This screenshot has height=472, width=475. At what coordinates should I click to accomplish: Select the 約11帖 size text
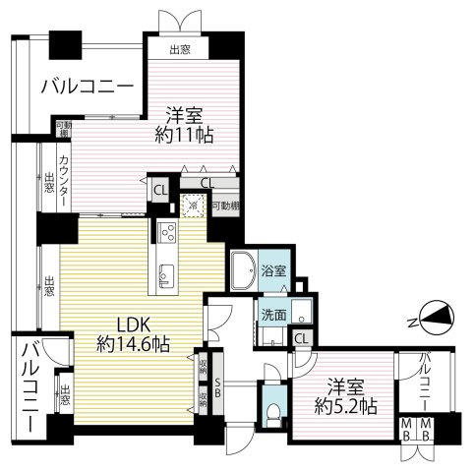(x=184, y=135)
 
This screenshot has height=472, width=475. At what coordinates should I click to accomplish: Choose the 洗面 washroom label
(x=272, y=315)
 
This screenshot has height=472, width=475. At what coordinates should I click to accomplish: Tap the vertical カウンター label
(x=63, y=181)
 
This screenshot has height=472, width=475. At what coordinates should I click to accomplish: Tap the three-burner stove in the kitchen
(x=164, y=236)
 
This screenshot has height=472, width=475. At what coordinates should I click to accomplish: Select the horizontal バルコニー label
(x=87, y=87)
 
